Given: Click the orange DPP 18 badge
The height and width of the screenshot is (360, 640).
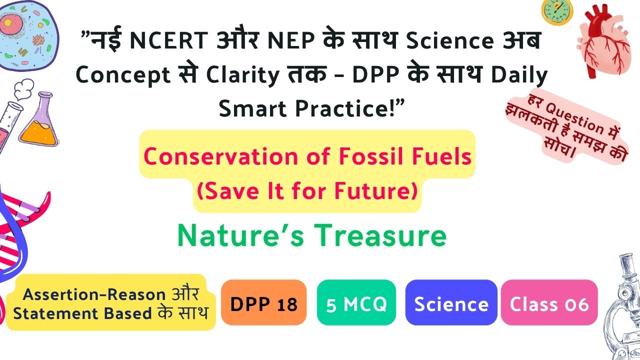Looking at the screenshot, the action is (x=263, y=302).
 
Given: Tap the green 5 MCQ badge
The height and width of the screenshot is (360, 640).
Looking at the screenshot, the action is (x=356, y=302).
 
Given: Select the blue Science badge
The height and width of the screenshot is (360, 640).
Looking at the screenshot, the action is (x=451, y=302).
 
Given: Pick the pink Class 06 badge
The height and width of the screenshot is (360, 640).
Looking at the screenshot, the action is (x=549, y=302).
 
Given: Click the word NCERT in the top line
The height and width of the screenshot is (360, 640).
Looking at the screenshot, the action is (x=169, y=40).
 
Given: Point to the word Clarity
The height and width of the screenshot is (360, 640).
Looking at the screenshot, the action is (x=242, y=75).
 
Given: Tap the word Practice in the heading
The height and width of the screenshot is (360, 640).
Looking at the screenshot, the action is (x=345, y=109).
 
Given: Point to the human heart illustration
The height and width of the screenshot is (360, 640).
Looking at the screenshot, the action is (x=604, y=41).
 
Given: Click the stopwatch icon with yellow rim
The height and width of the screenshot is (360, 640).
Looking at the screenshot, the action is (x=557, y=12).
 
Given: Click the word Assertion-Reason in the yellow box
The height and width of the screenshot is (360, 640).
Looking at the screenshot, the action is (x=94, y=294).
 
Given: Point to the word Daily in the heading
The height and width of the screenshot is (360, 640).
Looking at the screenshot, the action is (x=519, y=75).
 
